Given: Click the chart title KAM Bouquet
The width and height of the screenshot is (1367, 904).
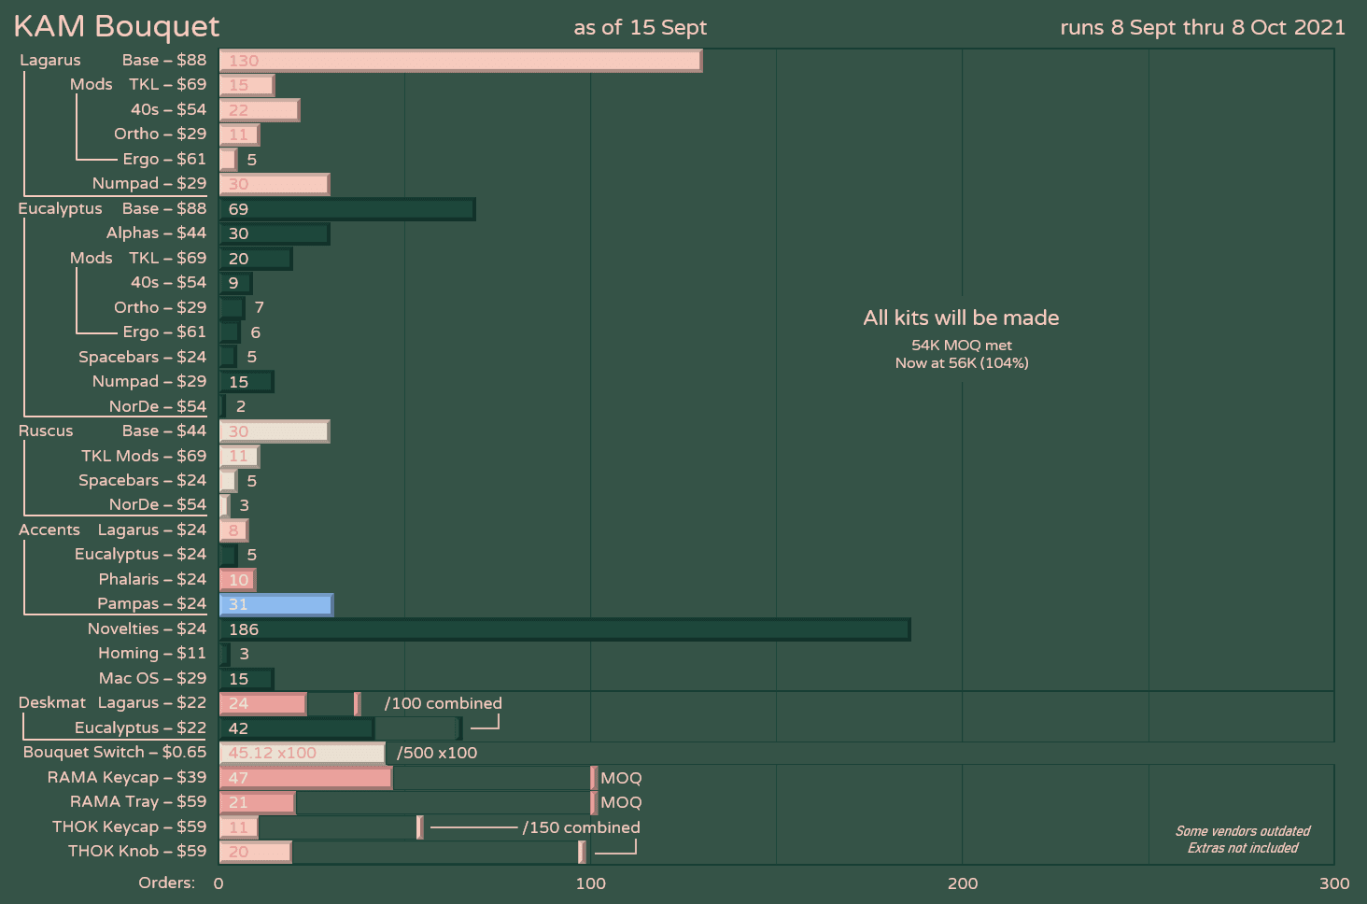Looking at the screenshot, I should [117, 26].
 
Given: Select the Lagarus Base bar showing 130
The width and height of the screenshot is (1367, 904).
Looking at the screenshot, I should [460, 61].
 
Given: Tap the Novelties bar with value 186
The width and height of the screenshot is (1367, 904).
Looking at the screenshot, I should [564, 629].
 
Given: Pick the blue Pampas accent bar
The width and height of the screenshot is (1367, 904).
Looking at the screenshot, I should [275, 604].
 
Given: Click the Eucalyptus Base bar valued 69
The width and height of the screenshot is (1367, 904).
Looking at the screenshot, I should [346, 209].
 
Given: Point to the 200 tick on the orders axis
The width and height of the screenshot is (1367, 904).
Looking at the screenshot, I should [963, 883].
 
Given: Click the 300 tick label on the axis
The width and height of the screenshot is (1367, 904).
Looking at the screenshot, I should [1334, 883].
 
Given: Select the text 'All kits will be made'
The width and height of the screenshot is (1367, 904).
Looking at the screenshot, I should [961, 318].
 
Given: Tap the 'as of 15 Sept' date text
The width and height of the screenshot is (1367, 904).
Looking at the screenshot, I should [640, 27].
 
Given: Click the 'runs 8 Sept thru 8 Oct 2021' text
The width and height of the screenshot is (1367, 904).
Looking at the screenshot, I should [1203, 27].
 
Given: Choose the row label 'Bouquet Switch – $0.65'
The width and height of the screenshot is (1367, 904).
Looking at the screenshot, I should [115, 752].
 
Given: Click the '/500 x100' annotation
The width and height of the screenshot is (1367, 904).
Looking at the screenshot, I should [437, 753].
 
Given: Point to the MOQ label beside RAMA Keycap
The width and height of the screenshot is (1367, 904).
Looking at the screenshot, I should [621, 778].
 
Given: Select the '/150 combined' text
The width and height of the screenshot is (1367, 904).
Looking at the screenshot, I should [581, 827].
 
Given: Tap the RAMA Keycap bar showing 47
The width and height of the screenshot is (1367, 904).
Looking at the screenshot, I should [305, 778].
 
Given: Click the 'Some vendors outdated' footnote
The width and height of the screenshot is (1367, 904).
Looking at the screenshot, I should [1242, 831].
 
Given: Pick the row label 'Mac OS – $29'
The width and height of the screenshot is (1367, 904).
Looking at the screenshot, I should [152, 678].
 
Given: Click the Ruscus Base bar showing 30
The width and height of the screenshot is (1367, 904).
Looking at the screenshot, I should [274, 431].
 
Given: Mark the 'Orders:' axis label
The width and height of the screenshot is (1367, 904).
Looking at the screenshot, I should [166, 883].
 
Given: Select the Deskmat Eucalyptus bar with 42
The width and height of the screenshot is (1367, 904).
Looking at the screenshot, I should [296, 728].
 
